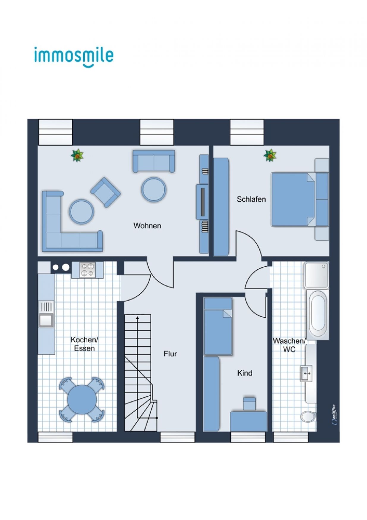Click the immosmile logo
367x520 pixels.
(74, 57)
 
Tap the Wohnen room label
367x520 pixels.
(147, 226)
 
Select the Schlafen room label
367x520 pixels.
(251, 199)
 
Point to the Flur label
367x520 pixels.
(170, 354)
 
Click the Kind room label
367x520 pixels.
(245, 373)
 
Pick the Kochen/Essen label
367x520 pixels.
(84, 344)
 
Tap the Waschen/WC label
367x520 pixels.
(289, 345)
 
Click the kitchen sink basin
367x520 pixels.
(46, 320)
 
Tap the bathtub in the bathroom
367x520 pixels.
(318, 315)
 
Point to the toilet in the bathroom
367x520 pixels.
(308, 416)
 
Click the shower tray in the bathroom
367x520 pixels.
(316, 275)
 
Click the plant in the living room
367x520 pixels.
(77, 155)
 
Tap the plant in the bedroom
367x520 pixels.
(270, 155)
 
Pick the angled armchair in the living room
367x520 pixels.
(105, 192)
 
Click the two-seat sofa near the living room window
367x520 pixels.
(154, 161)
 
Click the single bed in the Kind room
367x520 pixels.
(218, 326)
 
